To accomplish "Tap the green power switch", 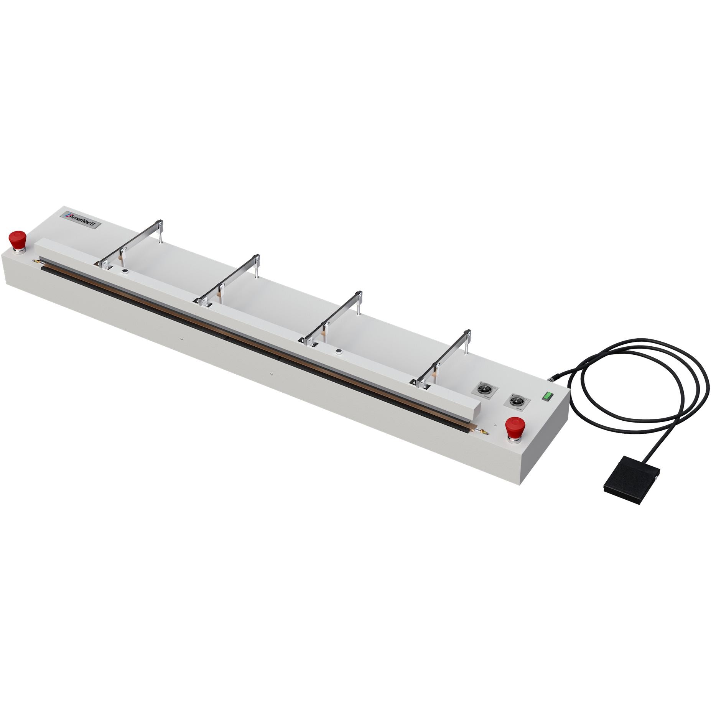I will coord(547,396).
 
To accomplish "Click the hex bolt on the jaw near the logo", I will coord(124,271).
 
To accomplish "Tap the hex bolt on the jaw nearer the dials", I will coord(339,351).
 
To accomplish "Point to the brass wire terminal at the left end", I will coord(37,261).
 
